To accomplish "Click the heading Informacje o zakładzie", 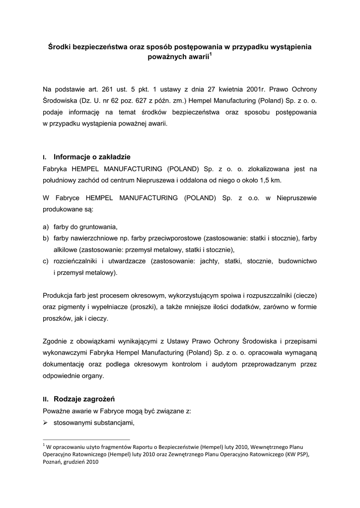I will click(x=92, y=157).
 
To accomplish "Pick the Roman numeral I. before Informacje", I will click(x=45, y=158).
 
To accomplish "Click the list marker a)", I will click(x=46, y=227).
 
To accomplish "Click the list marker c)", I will click(x=46, y=261).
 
